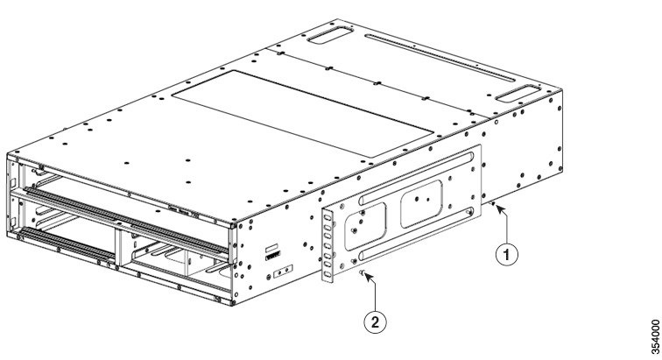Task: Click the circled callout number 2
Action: [x=377, y=321]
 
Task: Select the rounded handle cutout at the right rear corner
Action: [x=518, y=90]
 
